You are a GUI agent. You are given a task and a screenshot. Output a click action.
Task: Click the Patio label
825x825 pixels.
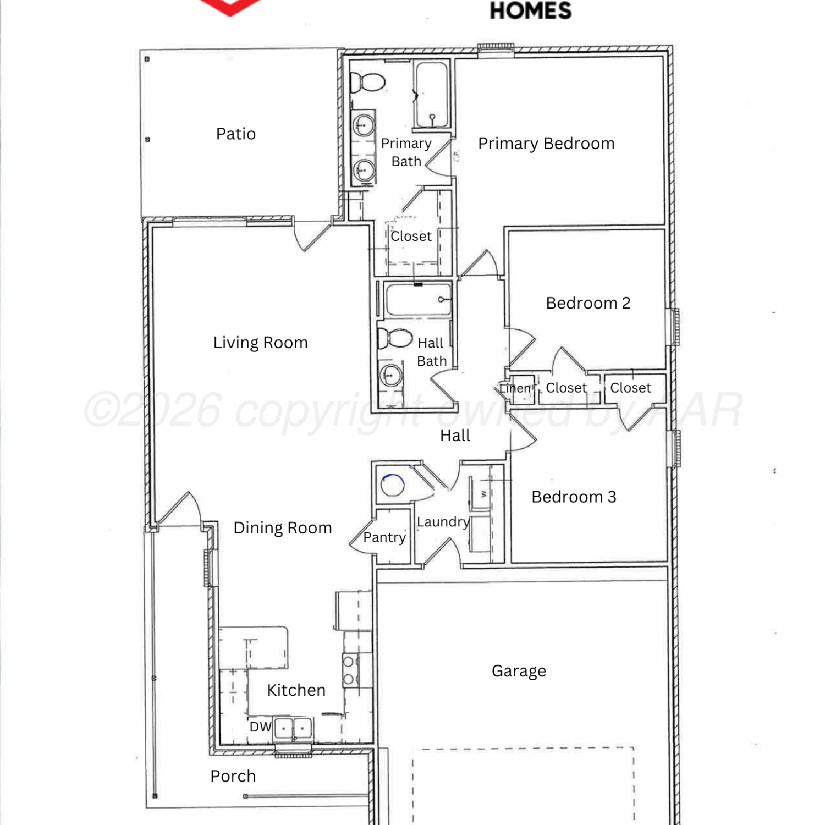(236, 134)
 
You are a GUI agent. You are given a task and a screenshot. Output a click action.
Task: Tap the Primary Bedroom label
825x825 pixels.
(546, 144)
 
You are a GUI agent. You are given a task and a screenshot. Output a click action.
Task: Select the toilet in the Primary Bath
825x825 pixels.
(367, 83)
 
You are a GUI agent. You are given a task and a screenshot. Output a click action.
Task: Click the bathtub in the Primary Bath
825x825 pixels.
(432, 95)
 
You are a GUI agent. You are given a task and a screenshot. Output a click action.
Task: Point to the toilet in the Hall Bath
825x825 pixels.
(395, 339)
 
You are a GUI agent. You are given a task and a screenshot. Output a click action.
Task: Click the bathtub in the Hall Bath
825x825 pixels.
(417, 299)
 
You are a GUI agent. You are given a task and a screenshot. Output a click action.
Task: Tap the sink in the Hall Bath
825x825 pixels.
(391, 376)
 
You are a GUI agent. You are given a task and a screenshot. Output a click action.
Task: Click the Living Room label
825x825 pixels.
(260, 343)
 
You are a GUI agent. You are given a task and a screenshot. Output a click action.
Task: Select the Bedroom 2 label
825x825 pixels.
(588, 303)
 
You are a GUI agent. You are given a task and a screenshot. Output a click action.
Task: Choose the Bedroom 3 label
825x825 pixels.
(574, 497)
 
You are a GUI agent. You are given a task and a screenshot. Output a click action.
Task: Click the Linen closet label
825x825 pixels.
(515, 388)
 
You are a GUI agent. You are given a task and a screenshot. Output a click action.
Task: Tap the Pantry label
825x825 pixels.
(384, 537)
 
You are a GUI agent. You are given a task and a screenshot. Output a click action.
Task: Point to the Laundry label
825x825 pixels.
(443, 522)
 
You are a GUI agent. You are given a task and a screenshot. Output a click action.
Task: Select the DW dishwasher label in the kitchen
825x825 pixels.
(260, 727)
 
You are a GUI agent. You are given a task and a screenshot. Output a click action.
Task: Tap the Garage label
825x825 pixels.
(519, 671)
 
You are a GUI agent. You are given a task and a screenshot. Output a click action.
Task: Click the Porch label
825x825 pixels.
(233, 776)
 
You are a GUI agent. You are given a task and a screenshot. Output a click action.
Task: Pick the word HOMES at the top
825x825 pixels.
(531, 11)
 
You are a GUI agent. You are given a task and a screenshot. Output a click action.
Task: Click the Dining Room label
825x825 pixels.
(283, 528)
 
